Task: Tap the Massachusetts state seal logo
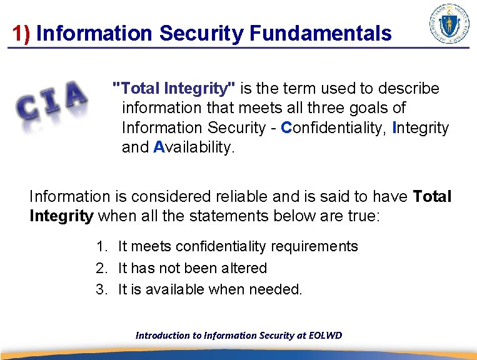coord(449,24)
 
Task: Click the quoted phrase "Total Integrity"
coord(173,89)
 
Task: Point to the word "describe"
coord(409,89)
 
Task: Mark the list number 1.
coord(101,246)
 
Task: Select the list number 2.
coord(101,268)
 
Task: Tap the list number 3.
coord(101,289)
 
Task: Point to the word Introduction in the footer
coord(163,336)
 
